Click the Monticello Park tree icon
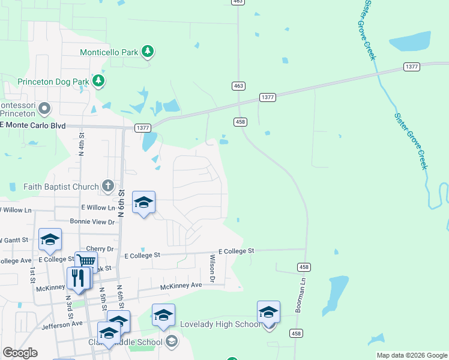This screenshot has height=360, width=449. pos(148,52)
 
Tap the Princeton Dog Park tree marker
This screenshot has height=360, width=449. pos(98,80)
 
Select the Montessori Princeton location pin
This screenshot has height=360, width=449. pos(44,109)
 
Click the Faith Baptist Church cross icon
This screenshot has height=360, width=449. pos(107,186)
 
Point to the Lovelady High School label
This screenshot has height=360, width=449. pos(220,324)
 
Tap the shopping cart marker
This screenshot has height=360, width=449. pos(86,262)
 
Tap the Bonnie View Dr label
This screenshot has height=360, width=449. pos(92,221)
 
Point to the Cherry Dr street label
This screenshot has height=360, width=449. pos(100,248)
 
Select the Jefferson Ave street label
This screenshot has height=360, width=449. pos(62,324)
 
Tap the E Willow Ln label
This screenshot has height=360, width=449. pos(98,208)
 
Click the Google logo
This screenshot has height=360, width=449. pos(20,353)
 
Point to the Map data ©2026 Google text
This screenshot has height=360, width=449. pos(411,355)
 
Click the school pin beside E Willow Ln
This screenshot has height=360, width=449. pos(143,203)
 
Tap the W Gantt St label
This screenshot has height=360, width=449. pos(14,240)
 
